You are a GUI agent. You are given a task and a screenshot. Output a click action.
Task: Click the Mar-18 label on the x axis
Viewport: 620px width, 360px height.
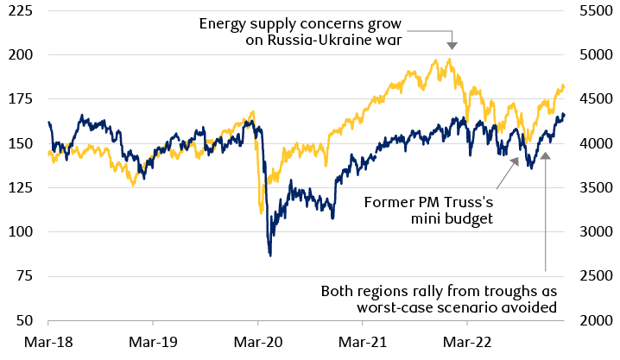(49, 341)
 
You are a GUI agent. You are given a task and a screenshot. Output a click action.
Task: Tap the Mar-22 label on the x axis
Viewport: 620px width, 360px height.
(467, 341)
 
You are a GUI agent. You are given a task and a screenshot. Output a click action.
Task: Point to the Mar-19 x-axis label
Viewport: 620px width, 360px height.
(154, 341)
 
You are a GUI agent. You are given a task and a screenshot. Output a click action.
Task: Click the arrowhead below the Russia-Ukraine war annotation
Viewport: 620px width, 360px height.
(452, 45)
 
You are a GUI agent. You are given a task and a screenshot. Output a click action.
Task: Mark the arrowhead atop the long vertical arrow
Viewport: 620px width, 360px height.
(546, 155)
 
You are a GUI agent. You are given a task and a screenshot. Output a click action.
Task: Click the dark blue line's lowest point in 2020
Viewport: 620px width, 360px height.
(270, 255)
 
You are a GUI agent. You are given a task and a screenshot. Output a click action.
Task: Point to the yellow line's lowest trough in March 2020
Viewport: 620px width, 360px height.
(261, 212)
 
